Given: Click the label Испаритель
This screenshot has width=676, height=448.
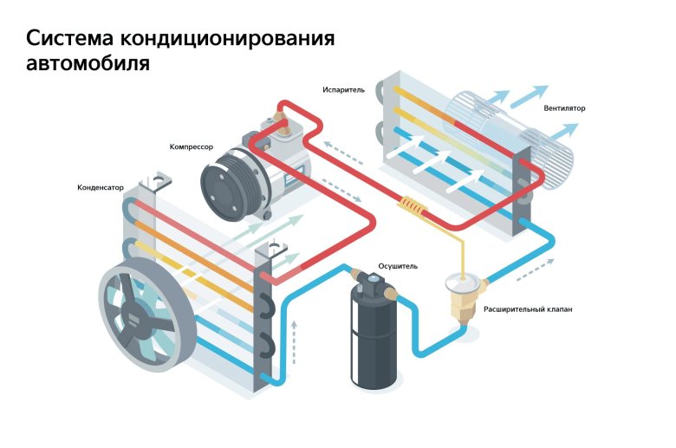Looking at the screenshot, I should coord(344,89).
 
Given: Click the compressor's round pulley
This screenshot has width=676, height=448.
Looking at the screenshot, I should coord(223,182).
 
